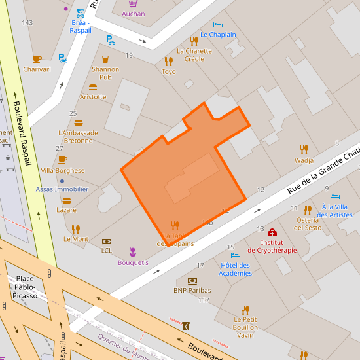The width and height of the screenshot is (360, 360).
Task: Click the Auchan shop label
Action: coord(134,14)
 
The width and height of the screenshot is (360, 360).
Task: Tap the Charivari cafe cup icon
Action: coord(37,59)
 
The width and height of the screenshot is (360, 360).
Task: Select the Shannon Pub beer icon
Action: coord(105,60)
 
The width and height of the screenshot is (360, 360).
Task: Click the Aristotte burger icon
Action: coord(93,87)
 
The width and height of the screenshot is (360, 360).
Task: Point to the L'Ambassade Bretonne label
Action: coord(78,137)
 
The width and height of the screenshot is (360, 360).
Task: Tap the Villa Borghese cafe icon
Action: coord(63,160)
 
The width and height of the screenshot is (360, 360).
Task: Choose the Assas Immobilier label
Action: coord(62,189)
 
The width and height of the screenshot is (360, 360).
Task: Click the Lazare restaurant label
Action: coord(66,210)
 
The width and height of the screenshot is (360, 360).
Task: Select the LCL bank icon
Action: coord(107,241)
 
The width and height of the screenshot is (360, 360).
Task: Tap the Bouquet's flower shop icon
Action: coord(133,252)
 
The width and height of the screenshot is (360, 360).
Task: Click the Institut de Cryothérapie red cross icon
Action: coord(272,232)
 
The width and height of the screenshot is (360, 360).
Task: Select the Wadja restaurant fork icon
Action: coord(304,149)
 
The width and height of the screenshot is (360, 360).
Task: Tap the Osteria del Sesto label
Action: coord(308,223)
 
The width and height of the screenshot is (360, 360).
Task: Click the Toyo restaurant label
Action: coord(169,71)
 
